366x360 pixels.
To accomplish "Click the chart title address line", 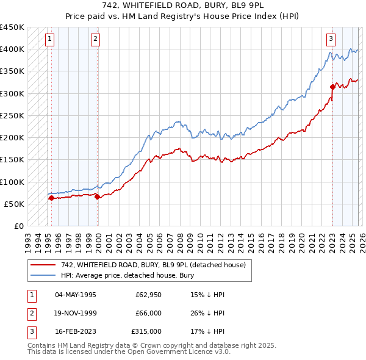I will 183,5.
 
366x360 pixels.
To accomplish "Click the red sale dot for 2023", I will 332,86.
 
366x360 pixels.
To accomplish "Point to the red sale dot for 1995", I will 51,198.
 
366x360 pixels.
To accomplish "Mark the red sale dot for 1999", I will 98,196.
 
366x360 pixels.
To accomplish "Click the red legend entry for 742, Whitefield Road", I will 152,265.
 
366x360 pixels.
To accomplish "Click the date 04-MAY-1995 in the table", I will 75,295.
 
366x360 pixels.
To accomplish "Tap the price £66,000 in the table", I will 148,314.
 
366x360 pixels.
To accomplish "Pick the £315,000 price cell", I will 146,332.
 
